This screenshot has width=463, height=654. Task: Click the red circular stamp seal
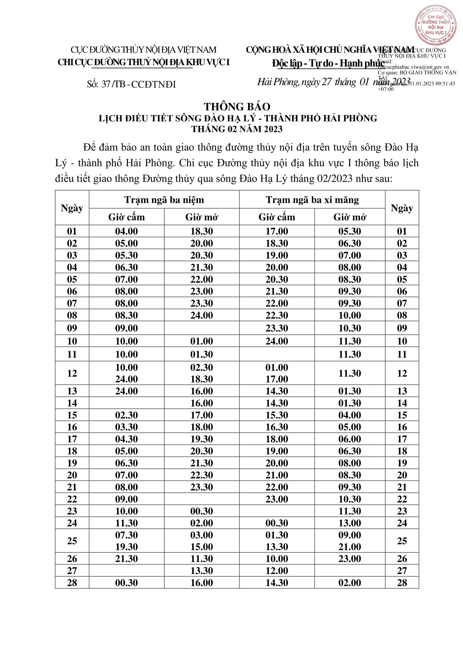coord(435,25)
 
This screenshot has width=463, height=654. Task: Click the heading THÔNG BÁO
coord(237,107)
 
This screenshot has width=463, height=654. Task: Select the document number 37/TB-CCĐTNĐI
coord(132,84)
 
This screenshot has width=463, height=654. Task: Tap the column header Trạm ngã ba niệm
coord(164,200)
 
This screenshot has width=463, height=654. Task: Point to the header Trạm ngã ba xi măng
coord(312,200)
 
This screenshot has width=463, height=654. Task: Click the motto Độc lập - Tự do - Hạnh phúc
coord(328,63)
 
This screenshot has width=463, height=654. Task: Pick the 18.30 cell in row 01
coord(202,231)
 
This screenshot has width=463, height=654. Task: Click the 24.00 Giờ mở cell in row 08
coord(202,315)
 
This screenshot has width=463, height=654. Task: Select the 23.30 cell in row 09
coord(277,328)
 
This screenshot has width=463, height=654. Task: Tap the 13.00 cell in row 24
coord(350,523)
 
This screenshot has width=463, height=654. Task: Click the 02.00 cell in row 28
coord(350,583)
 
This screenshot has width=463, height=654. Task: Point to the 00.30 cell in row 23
coord(202,511)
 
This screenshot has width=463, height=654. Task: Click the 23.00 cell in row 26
coord(350,559)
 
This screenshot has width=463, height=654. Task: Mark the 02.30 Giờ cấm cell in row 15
coord(126,415)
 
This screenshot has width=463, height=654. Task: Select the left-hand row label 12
coord(72,373)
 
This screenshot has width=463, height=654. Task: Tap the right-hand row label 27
coord(402,571)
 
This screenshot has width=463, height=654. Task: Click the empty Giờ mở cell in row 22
coord(202,499)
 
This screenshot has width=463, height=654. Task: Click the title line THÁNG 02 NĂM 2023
coord(237,129)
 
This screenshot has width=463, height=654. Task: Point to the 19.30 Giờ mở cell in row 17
coord(202,439)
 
